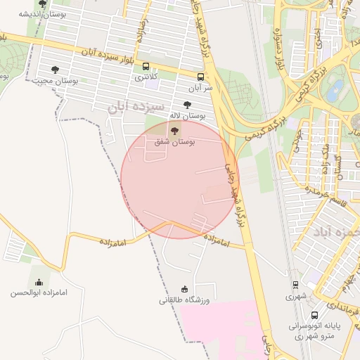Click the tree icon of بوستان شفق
(174, 131)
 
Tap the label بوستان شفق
(175, 142)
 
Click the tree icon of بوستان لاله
(186, 104)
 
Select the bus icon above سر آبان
(201, 77)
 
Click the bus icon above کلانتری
(146, 65)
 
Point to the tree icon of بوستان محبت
(55, 70)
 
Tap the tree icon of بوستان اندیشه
(43, 4)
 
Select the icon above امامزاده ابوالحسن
(38, 282)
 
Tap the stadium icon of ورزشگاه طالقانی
(185, 289)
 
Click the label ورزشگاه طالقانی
(185, 300)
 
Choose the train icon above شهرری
(295, 285)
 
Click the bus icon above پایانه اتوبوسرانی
(314, 315)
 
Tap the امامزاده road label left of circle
(112, 242)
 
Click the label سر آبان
(200, 89)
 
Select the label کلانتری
(147, 76)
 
